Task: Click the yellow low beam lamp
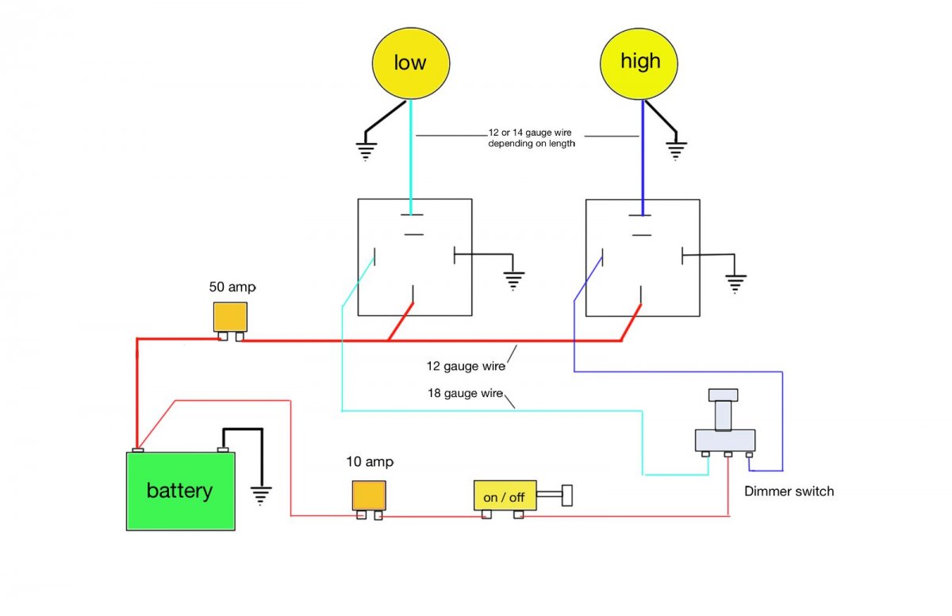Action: (x=411, y=63)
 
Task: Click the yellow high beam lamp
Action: (x=639, y=62)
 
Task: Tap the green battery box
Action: (x=181, y=491)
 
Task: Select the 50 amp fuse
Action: (x=230, y=318)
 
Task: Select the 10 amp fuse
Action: (x=369, y=495)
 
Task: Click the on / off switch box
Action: (x=505, y=496)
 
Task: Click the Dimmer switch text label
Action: (x=789, y=491)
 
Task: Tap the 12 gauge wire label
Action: (x=464, y=367)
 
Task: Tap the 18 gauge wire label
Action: (x=465, y=393)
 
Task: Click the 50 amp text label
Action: (x=233, y=287)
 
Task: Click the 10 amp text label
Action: (x=370, y=461)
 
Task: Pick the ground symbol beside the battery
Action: (x=261, y=495)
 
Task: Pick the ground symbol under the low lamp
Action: (x=366, y=151)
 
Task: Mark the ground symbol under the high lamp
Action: (x=677, y=150)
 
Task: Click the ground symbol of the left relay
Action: (x=514, y=279)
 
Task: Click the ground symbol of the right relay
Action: (x=735, y=282)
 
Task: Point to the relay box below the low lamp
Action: (x=414, y=256)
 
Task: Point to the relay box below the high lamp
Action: (x=642, y=257)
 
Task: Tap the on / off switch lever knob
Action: (x=567, y=495)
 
